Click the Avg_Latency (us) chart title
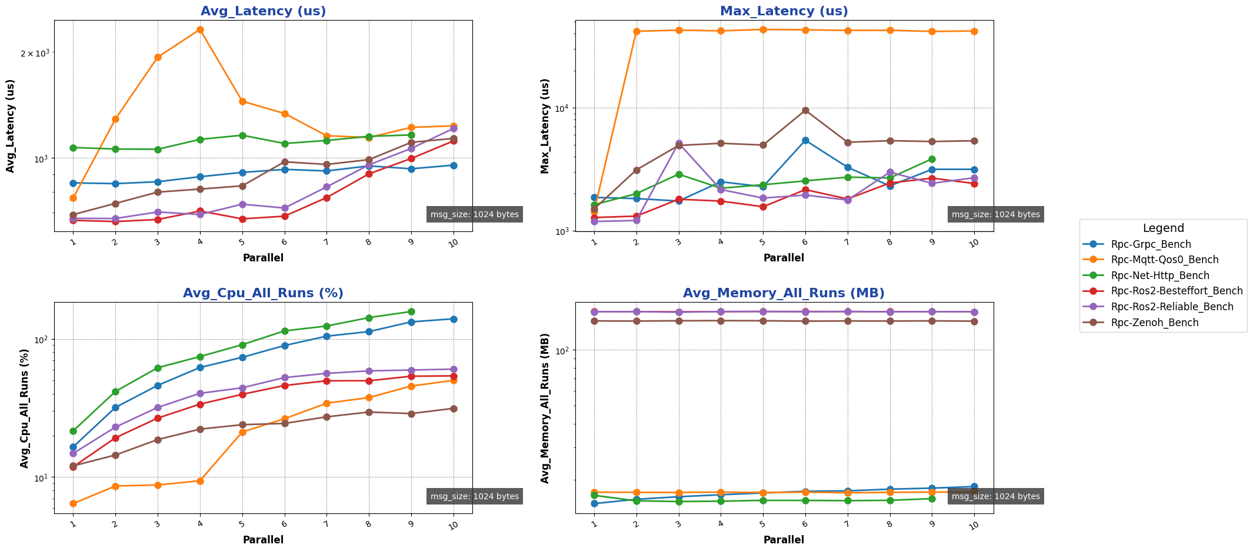click(x=263, y=11)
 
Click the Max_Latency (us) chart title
click(x=784, y=11)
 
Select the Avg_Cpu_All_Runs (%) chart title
click(x=263, y=293)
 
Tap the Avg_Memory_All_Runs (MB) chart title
click(x=784, y=293)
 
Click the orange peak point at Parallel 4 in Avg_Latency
click(x=200, y=29)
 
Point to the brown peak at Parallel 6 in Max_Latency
click(x=805, y=110)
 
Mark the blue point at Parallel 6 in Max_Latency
click(x=805, y=140)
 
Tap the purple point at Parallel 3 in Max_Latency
click(x=679, y=143)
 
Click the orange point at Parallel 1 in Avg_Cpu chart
click(x=73, y=503)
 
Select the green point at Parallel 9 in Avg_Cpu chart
click(x=411, y=311)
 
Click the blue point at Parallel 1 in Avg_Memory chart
click(x=594, y=503)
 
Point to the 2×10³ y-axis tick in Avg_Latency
click(x=35, y=53)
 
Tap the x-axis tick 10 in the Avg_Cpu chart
click(x=453, y=525)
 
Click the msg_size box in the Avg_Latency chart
click(x=474, y=214)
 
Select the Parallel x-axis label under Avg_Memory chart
click(x=784, y=540)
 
